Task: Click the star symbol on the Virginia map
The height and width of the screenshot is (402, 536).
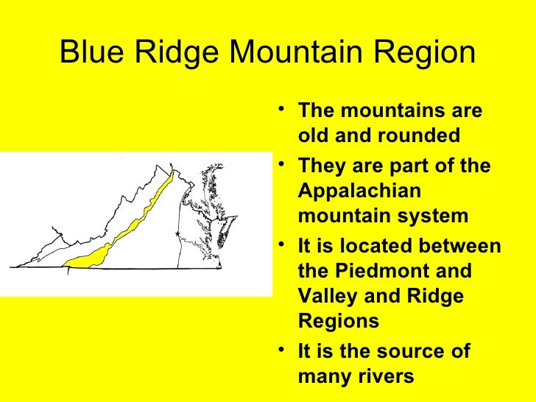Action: (177, 233)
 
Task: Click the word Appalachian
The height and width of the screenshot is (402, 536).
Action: (359, 191)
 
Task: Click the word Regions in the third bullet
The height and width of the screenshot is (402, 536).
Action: (339, 321)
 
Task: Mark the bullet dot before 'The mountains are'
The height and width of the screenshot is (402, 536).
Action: (284, 111)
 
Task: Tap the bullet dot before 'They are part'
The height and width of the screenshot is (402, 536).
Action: (284, 166)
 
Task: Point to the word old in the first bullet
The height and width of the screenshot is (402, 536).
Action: (314, 136)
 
